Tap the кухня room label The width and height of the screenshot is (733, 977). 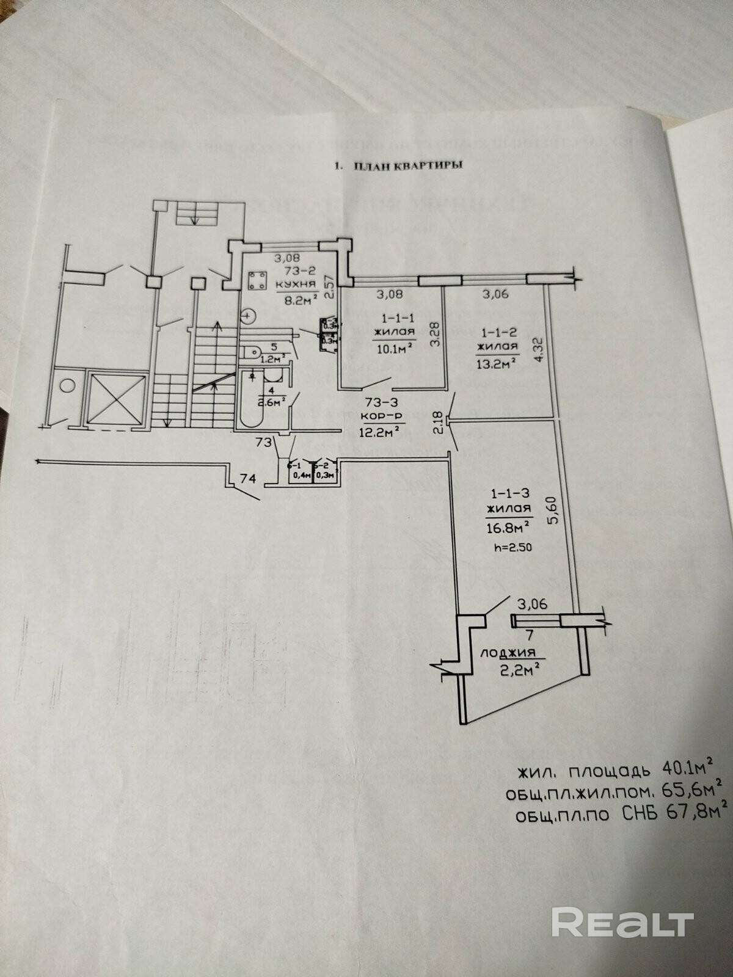[x=295, y=285]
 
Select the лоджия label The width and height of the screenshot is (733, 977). [x=508, y=652]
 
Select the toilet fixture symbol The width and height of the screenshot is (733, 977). [x=252, y=353]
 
